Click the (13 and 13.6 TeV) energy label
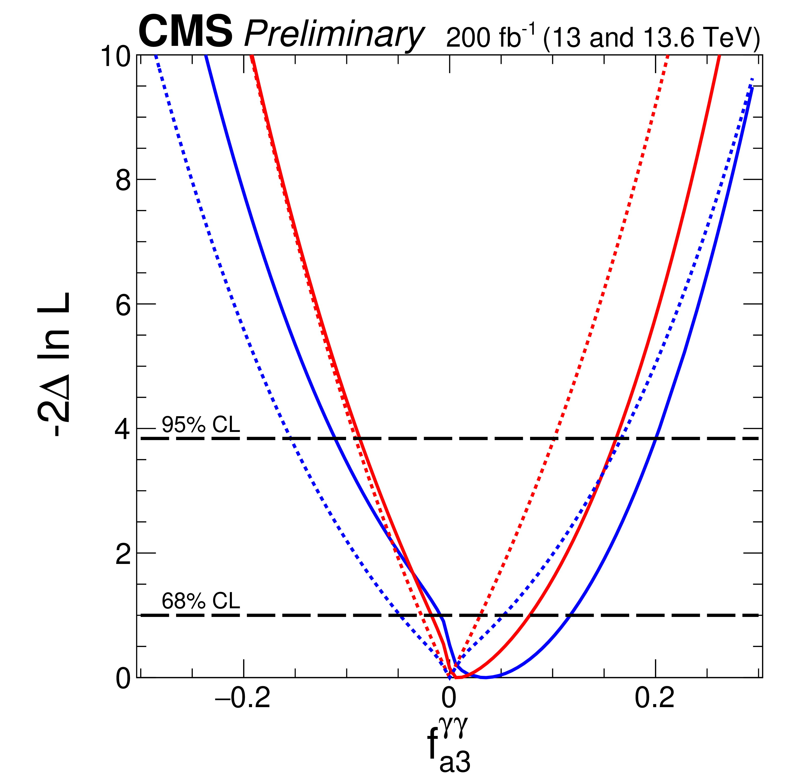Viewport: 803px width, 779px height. click(651, 37)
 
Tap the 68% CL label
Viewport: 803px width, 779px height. click(201, 601)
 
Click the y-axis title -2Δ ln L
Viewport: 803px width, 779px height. click(53, 364)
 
